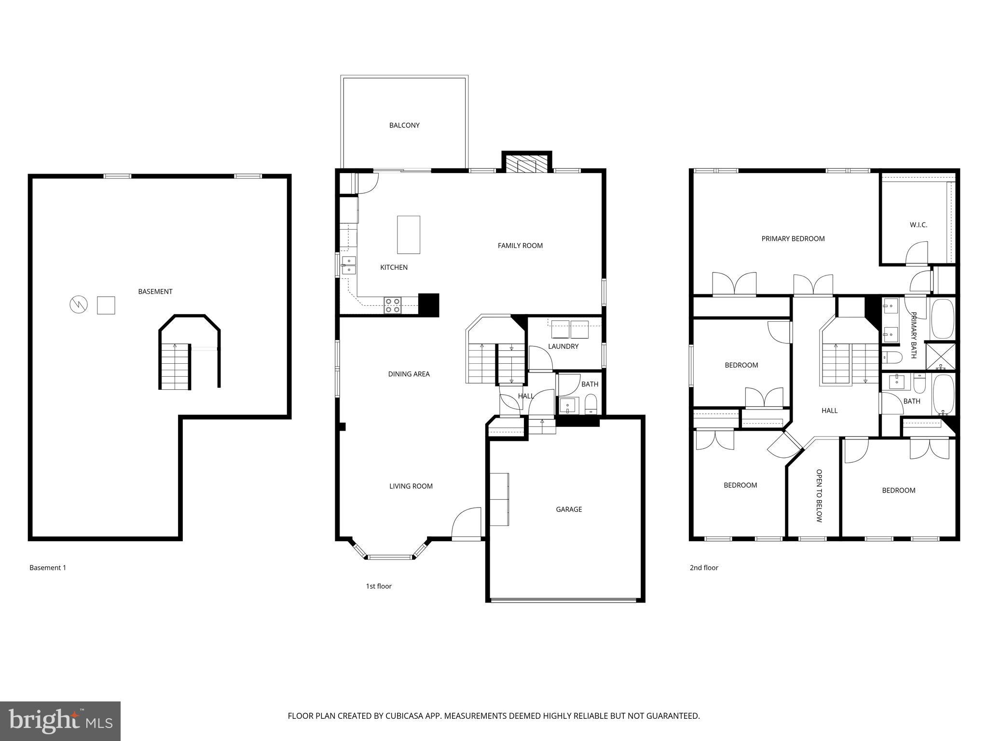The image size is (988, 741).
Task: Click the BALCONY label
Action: pos(404,125)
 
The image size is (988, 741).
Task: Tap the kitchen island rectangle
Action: pos(408,235)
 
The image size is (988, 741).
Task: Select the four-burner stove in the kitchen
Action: pos(393,305)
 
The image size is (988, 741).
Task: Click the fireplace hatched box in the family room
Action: pos(526,164)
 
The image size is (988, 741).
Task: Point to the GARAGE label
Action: pos(569,509)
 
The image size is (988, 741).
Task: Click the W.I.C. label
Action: pos(918,225)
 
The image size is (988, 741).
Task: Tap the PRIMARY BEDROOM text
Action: pos(793,239)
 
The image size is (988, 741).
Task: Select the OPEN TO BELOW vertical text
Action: pos(819,495)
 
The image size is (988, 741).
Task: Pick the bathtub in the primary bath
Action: pos(942,319)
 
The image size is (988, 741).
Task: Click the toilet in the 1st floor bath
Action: pos(591,404)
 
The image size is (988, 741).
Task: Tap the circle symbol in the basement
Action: pos(79,305)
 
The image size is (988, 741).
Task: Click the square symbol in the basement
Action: pos(106,305)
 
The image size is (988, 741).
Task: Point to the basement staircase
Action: pos(175,367)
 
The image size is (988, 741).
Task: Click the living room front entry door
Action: pos(467,523)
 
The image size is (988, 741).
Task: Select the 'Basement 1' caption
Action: pos(48,568)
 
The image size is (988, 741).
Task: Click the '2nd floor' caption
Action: pos(703,568)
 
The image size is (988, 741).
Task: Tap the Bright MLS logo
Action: pos(60,721)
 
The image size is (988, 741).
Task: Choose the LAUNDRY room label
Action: pos(563,346)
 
